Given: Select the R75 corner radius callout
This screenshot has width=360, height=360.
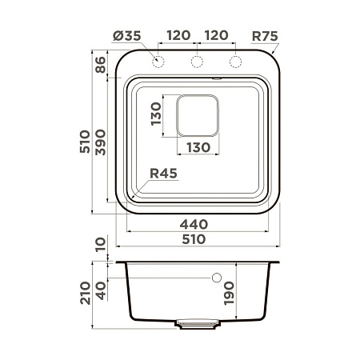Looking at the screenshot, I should pos(265,35).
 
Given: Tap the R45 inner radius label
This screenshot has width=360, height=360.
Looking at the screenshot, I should pos(162,174).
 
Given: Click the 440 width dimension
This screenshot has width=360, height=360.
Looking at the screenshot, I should pos(194,224).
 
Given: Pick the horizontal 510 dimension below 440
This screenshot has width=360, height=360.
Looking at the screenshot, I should pos(194,238).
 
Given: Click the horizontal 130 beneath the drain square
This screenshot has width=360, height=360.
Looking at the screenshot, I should pos(198,146).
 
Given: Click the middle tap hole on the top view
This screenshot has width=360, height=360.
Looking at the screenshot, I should pos(197,62).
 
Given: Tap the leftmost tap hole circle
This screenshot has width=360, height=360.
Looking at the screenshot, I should pos(158,62).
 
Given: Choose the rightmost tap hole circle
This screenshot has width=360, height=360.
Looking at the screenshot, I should pos(235,62).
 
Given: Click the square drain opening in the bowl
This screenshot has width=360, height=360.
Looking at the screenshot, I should pos(198,115).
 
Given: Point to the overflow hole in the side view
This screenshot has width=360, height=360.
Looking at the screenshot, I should pos(217,278).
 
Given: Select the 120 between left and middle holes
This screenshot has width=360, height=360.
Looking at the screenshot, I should pos(178,35).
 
